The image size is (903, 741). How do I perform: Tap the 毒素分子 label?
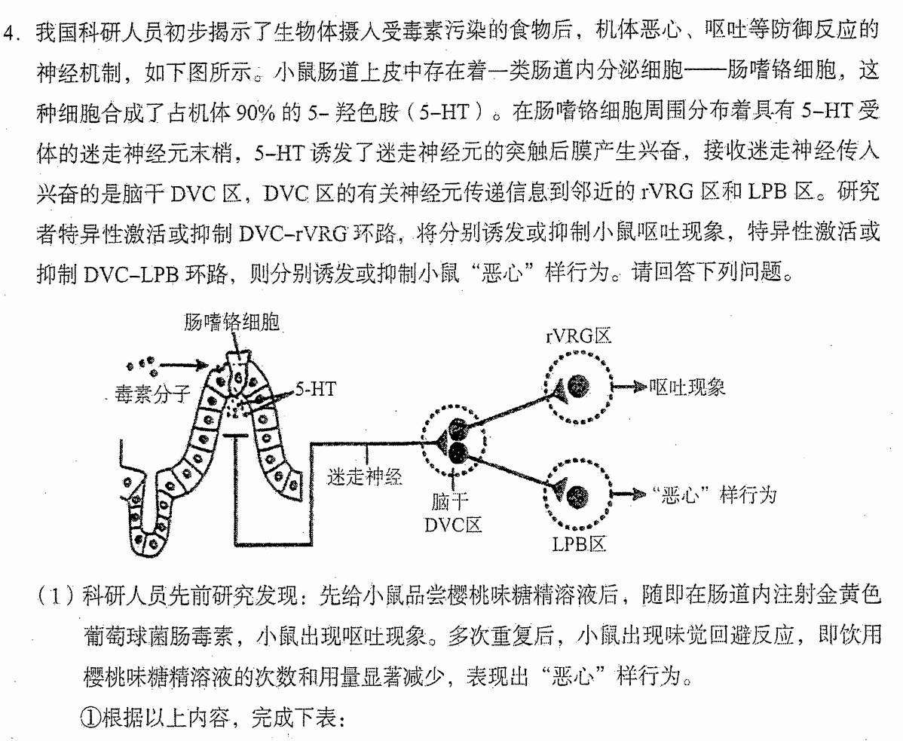click(x=152, y=394)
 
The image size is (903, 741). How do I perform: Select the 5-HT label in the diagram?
click(x=316, y=389)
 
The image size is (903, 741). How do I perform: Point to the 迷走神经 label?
click(x=364, y=476)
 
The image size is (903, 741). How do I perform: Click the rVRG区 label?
click(x=577, y=337)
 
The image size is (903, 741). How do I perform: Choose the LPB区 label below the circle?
click(x=579, y=544)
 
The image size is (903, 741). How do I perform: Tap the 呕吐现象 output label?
click(x=687, y=387)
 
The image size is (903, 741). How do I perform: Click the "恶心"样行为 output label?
click(x=714, y=495)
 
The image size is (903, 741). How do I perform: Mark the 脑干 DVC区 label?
click(x=453, y=513)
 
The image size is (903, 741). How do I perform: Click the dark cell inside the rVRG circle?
click(x=577, y=386)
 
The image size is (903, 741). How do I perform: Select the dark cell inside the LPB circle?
click(x=577, y=495)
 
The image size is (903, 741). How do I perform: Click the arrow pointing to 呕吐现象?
click(x=629, y=387)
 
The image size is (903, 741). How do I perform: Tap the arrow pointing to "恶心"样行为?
click(x=629, y=494)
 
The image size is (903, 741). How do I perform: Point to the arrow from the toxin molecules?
click(x=183, y=364)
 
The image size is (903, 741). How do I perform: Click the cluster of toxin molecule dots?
click(x=141, y=363)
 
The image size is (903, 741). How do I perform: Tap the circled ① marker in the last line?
click(x=90, y=718)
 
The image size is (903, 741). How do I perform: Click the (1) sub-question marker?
click(x=57, y=596)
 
